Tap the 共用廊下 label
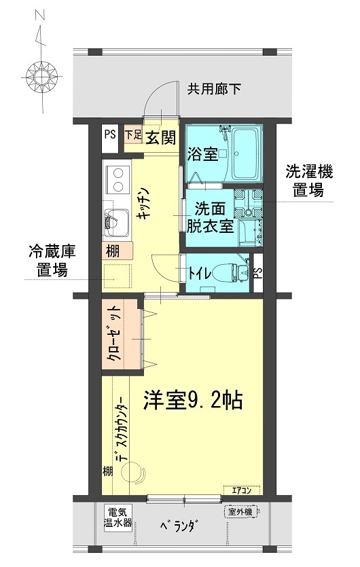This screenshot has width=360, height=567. coord(215,88)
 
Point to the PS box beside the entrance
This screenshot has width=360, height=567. coord(110,134)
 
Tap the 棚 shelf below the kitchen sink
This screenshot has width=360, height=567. coord(113,250)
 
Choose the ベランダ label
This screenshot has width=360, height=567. coord(179,528)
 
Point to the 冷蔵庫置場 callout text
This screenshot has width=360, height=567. coord(52,261)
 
